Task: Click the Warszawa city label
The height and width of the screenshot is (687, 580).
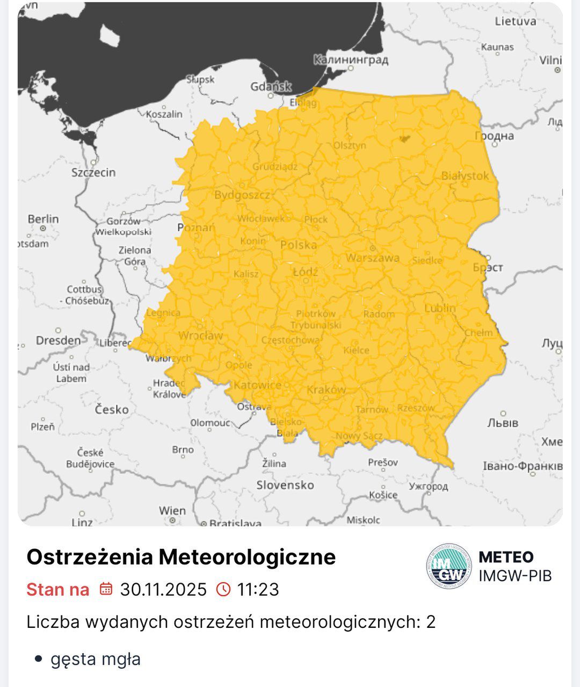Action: click(373, 258)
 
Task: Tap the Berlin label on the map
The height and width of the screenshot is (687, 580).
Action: click(43, 219)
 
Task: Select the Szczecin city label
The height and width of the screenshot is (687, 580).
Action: click(93, 173)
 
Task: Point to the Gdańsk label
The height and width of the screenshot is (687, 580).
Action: click(271, 87)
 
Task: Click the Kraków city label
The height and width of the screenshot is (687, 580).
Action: click(327, 390)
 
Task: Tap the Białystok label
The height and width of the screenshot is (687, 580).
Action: click(465, 176)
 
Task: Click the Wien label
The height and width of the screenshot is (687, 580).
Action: click(172, 511)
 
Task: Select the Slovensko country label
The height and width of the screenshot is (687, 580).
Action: click(285, 485)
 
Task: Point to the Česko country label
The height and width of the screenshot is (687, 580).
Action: click(112, 410)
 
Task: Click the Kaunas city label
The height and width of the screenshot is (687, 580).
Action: click(497, 47)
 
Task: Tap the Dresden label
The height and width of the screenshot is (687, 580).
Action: click(58, 340)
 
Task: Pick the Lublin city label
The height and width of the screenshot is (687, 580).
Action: click(440, 309)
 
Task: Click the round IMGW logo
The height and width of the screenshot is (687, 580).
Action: click(448, 566)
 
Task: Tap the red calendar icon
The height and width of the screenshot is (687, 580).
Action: click(106, 589)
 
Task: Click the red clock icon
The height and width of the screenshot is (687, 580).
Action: click(223, 589)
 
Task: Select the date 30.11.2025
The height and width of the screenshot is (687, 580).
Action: click(163, 590)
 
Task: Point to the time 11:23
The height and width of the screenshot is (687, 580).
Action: click(258, 590)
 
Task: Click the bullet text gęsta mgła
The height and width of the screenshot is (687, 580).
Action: click(96, 659)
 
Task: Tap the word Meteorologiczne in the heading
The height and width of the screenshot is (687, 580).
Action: click(247, 557)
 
